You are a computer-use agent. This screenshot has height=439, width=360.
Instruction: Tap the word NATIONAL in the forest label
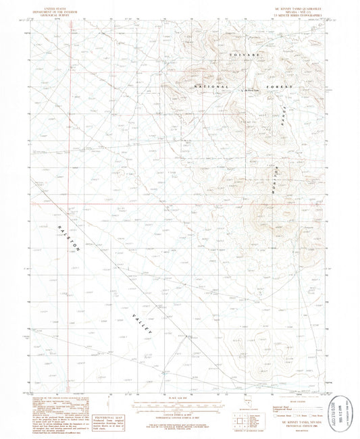pos(210,88)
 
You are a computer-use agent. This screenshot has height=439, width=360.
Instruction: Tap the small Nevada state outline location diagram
pos(245,419)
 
